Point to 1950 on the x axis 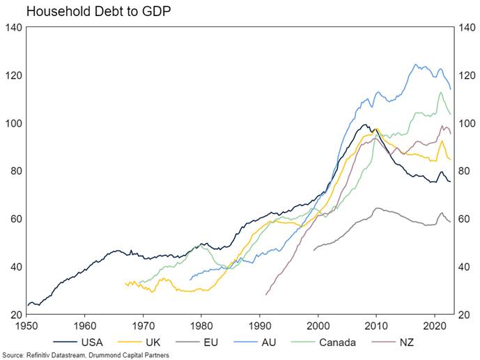(26, 324)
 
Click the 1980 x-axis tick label (201, 324)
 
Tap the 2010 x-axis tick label (376, 324)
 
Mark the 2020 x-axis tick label (435, 324)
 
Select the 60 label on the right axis (463, 219)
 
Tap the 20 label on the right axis (463, 315)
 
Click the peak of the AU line (416, 65)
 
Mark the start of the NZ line (265, 295)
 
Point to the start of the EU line (313, 250)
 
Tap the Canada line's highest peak (440, 92)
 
